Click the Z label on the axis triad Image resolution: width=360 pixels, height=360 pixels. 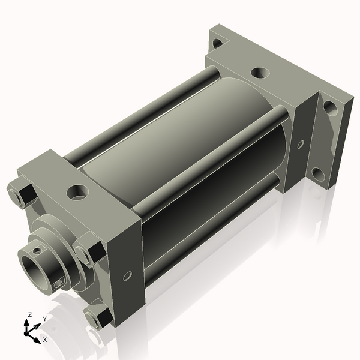click(29, 314)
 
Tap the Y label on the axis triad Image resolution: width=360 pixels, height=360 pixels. click(44, 318)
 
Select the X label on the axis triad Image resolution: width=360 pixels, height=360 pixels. click(44, 340)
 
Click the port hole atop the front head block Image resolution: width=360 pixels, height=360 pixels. click(77, 193)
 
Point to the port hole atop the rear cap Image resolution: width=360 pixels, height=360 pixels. click(260, 73)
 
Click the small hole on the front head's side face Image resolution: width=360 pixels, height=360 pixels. click(127, 276)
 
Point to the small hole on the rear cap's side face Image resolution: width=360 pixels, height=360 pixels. click(301, 144)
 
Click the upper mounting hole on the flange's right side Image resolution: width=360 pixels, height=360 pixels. click(329, 109)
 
